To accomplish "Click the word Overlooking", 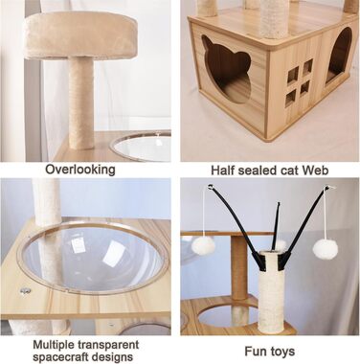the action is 80,170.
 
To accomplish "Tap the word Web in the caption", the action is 315,171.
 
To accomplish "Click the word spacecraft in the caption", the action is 62,356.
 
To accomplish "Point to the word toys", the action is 281,352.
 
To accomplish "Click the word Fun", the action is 255,351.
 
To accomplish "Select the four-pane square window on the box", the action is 298,82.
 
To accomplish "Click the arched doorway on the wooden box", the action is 338,57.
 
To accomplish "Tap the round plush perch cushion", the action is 80,34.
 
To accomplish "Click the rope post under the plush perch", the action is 81,103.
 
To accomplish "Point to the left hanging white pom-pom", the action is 201,246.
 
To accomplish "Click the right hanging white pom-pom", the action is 326,249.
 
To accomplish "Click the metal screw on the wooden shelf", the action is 25,290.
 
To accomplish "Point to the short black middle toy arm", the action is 276,226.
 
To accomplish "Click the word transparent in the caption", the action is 108,345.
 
